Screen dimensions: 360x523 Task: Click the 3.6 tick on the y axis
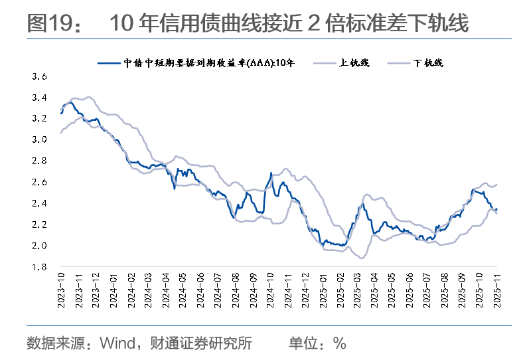(39, 76)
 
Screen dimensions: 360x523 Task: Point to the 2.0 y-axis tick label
(39, 246)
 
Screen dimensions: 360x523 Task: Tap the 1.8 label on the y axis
(39, 267)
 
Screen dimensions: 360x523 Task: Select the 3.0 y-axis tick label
(39, 139)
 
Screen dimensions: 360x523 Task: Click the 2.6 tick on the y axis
(39, 182)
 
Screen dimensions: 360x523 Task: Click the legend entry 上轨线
(354, 63)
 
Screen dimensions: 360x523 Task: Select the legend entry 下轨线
(428, 63)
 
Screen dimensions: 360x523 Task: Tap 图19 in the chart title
(48, 25)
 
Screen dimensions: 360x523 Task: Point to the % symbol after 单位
(340, 343)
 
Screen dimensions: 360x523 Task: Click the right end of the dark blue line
(496, 209)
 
